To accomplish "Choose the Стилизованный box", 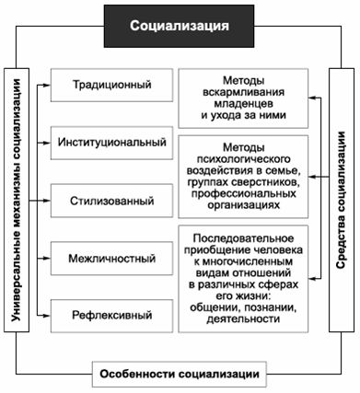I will (x=111, y=199).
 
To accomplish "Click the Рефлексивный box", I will (x=111, y=313).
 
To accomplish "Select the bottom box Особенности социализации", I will (x=180, y=374).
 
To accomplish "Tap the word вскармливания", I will (x=242, y=92).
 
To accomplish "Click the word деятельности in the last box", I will (x=250, y=319).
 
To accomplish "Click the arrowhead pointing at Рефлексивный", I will (x=41, y=314).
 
